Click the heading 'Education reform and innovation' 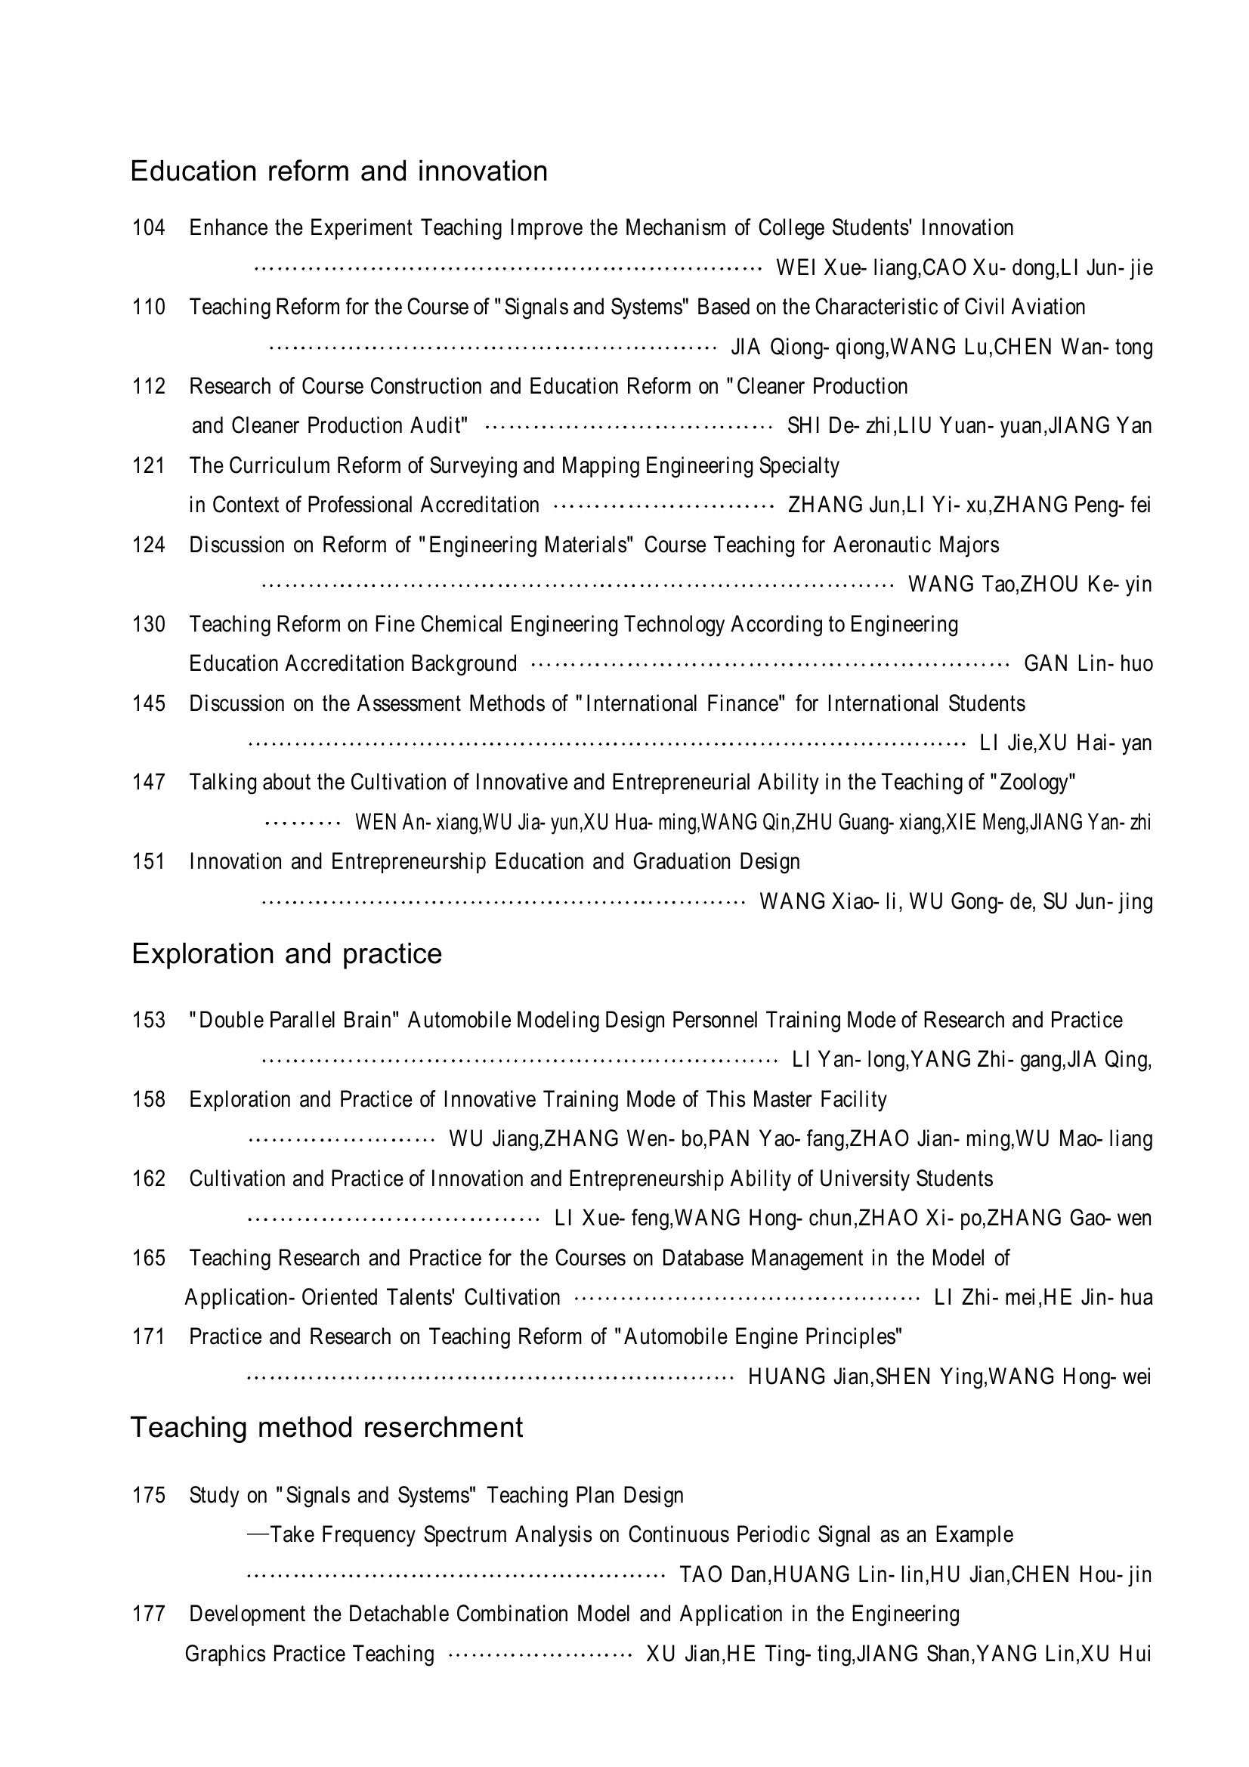pos(339,171)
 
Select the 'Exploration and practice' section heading pos(286,953)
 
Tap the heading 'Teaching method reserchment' pos(326,1427)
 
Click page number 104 pos(149,228)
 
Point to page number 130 pos(149,624)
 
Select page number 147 pos(149,783)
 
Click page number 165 pos(149,1259)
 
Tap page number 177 pos(149,1614)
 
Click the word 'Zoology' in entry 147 pos(1033,783)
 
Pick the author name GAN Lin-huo pos(1087,664)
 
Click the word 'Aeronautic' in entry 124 pos(882,545)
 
